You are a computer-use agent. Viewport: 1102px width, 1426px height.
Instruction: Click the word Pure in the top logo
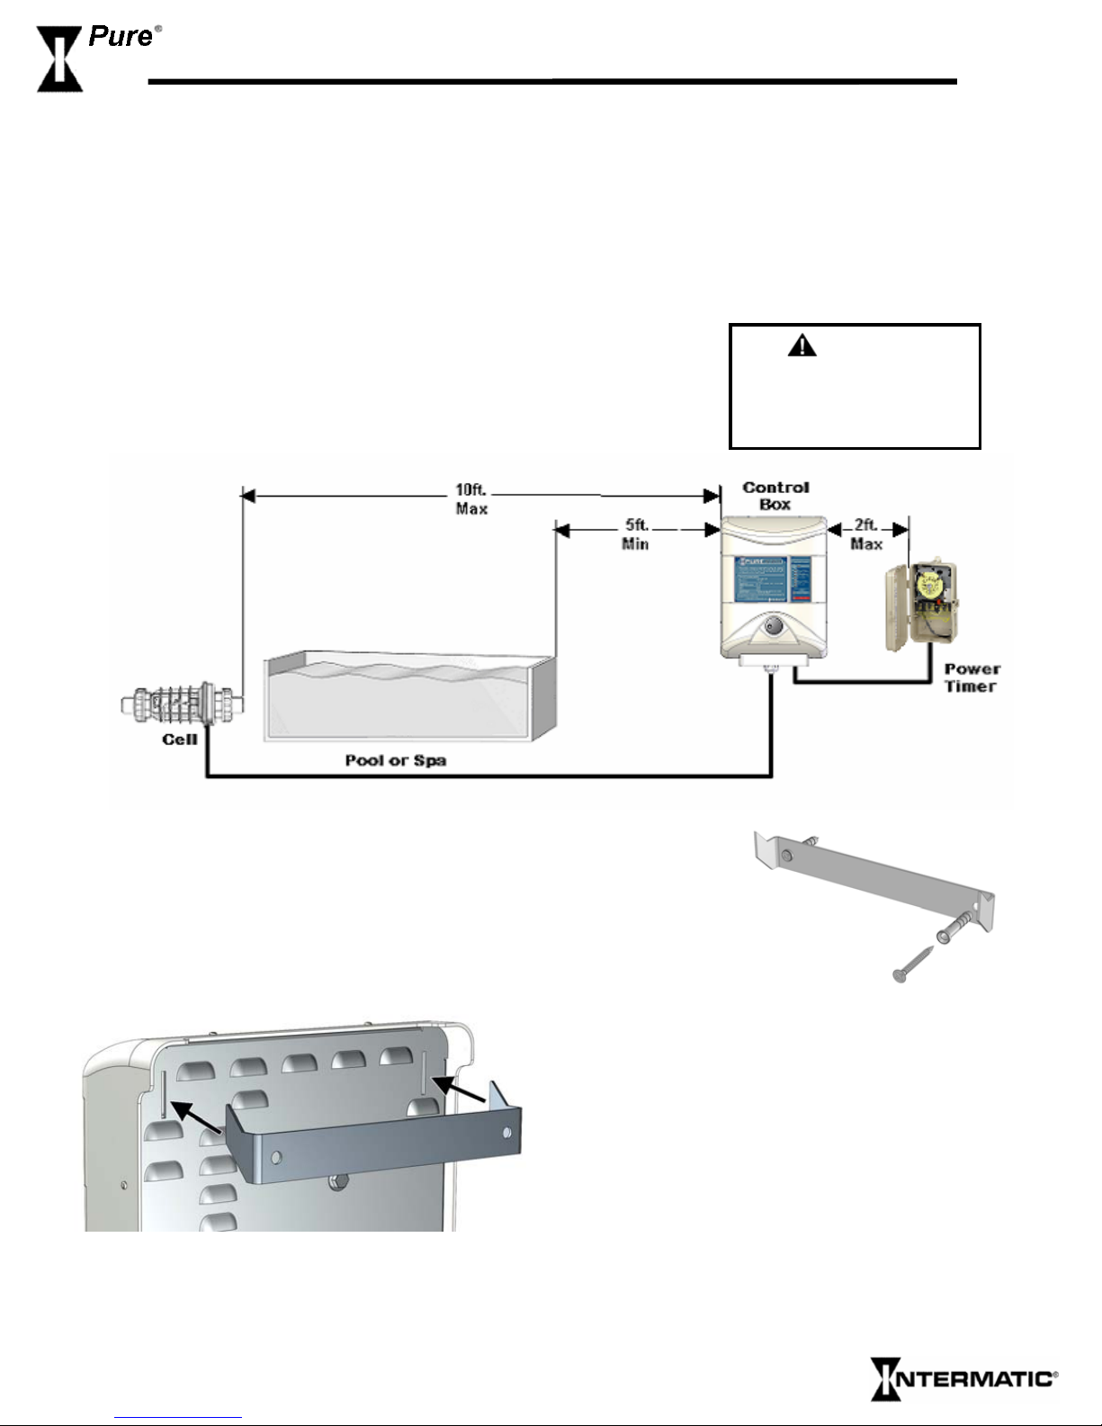pyautogui.click(x=121, y=37)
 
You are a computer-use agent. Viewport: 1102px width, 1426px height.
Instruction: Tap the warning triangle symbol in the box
pyautogui.click(x=802, y=345)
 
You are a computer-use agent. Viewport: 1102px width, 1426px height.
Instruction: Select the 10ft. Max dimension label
pyautogui.click(x=471, y=498)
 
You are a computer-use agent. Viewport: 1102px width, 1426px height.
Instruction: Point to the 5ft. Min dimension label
pyautogui.click(x=636, y=534)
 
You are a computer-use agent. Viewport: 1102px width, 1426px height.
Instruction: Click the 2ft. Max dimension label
pyautogui.click(x=865, y=534)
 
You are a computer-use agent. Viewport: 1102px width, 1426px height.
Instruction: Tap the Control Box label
pyautogui.click(x=775, y=496)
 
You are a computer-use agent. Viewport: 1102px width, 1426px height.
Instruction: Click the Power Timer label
pyautogui.click(x=972, y=677)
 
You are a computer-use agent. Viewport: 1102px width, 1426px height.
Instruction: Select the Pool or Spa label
pyautogui.click(x=396, y=760)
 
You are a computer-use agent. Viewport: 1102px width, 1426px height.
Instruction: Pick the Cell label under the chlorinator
pyautogui.click(x=180, y=739)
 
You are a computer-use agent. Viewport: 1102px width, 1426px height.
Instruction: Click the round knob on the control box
pyautogui.click(x=773, y=626)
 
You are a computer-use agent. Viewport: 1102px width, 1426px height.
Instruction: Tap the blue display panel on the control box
pyautogui.click(x=773, y=578)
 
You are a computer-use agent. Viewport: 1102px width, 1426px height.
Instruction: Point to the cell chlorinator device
pyautogui.click(x=183, y=704)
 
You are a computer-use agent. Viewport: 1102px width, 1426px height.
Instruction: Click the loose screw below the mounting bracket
pyautogui.click(x=913, y=964)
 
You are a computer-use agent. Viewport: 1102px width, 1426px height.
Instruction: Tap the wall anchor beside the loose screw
pyautogui.click(x=956, y=925)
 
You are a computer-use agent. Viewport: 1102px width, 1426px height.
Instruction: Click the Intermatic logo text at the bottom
pyautogui.click(x=963, y=1378)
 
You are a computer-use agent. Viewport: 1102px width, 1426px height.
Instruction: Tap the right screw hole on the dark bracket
pyautogui.click(x=506, y=1133)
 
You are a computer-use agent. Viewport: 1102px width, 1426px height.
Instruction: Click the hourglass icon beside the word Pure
pyautogui.click(x=59, y=59)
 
